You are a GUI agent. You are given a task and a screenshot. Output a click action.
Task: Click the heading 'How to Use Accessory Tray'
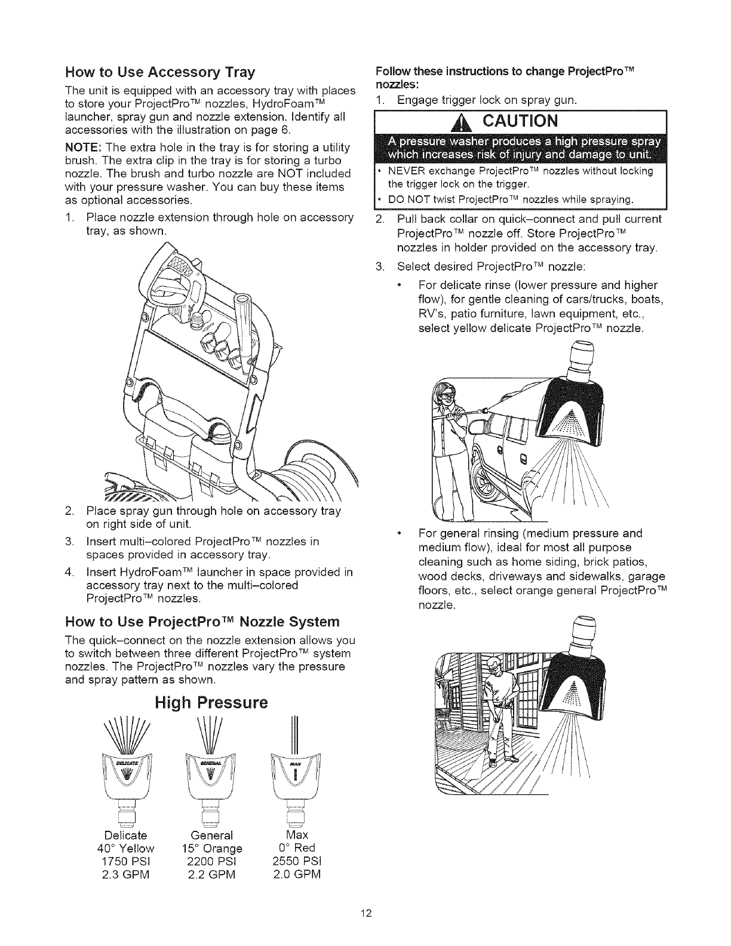(159, 73)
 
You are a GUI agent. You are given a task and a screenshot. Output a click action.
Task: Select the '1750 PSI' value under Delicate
(130, 861)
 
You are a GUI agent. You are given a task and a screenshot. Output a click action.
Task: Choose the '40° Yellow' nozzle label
(130, 848)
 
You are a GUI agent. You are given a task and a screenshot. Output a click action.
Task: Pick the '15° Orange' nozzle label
(215, 848)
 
